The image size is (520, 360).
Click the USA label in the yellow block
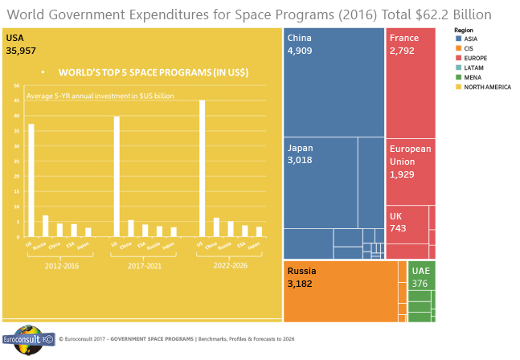15,38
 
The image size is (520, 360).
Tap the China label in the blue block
299,38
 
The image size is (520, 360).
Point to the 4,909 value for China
301,50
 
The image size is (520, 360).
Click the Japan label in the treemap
300,148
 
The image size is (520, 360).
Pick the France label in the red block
403,38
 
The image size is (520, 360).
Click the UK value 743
399,228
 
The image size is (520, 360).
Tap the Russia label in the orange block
302,271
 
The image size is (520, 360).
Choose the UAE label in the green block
421,271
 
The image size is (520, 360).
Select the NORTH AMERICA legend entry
483,86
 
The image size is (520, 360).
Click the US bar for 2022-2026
202,169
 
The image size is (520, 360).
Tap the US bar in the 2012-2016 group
31,180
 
